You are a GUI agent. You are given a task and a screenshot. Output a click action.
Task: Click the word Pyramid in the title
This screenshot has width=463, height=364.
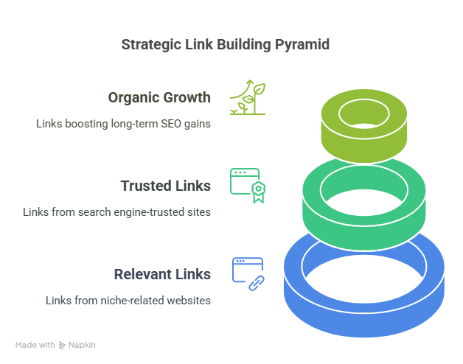click(302, 45)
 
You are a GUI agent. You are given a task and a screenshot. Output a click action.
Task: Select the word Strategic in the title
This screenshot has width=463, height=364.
click(151, 45)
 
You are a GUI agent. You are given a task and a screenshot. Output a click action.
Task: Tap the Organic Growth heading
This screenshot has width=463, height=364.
click(159, 98)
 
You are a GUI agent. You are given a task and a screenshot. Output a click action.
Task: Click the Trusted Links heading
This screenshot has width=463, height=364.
click(166, 186)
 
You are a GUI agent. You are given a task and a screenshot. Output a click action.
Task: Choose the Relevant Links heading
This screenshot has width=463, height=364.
click(162, 274)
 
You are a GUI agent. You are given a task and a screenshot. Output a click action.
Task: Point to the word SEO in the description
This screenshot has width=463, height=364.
click(171, 124)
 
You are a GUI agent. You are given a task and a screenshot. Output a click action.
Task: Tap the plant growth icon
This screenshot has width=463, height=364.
click(248, 97)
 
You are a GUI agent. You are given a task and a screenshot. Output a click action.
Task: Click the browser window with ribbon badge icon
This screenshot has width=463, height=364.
click(248, 186)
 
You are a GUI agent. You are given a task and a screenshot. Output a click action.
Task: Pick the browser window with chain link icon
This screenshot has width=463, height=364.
click(248, 274)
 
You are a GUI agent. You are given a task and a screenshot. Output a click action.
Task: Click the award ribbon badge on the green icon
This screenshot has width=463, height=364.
click(258, 192)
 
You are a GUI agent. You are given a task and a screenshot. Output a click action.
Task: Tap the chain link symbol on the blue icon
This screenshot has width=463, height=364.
click(257, 284)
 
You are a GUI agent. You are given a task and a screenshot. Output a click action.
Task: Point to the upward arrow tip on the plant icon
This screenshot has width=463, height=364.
click(250, 80)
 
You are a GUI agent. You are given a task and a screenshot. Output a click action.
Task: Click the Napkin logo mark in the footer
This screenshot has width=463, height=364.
click(62, 345)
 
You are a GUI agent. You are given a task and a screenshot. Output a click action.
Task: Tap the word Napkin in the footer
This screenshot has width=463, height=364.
click(82, 345)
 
